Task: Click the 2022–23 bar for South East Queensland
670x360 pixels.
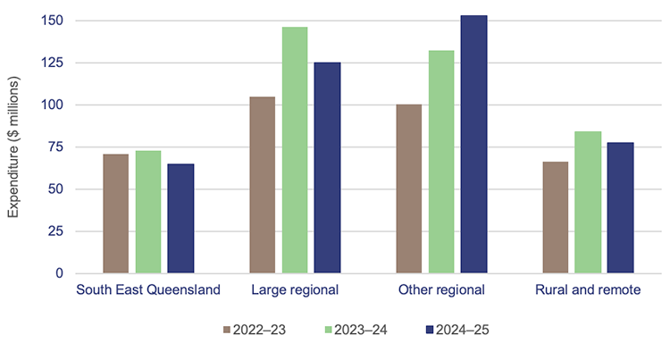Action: tap(116, 213)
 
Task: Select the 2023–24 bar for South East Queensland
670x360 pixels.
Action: tap(148, 212)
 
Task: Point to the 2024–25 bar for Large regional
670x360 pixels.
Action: tap(327, 168)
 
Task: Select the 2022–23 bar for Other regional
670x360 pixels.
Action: tap(409, 188)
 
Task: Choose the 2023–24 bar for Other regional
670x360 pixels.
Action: tap(441, 162)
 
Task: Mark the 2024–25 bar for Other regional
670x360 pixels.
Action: tap(473, 144)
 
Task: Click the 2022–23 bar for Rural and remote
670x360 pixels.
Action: tap(556, 217)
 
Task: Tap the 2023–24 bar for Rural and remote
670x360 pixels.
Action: tap(588, 202)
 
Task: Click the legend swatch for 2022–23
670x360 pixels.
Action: tap(226, 331)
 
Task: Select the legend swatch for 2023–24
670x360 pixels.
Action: tap(330, 331)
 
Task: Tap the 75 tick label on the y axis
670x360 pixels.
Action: tap(57, 147)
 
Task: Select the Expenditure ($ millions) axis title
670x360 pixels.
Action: tap(14, 147)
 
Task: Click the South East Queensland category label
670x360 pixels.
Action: tap(148, 290)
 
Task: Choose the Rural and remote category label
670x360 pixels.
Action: tap(588, 290)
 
